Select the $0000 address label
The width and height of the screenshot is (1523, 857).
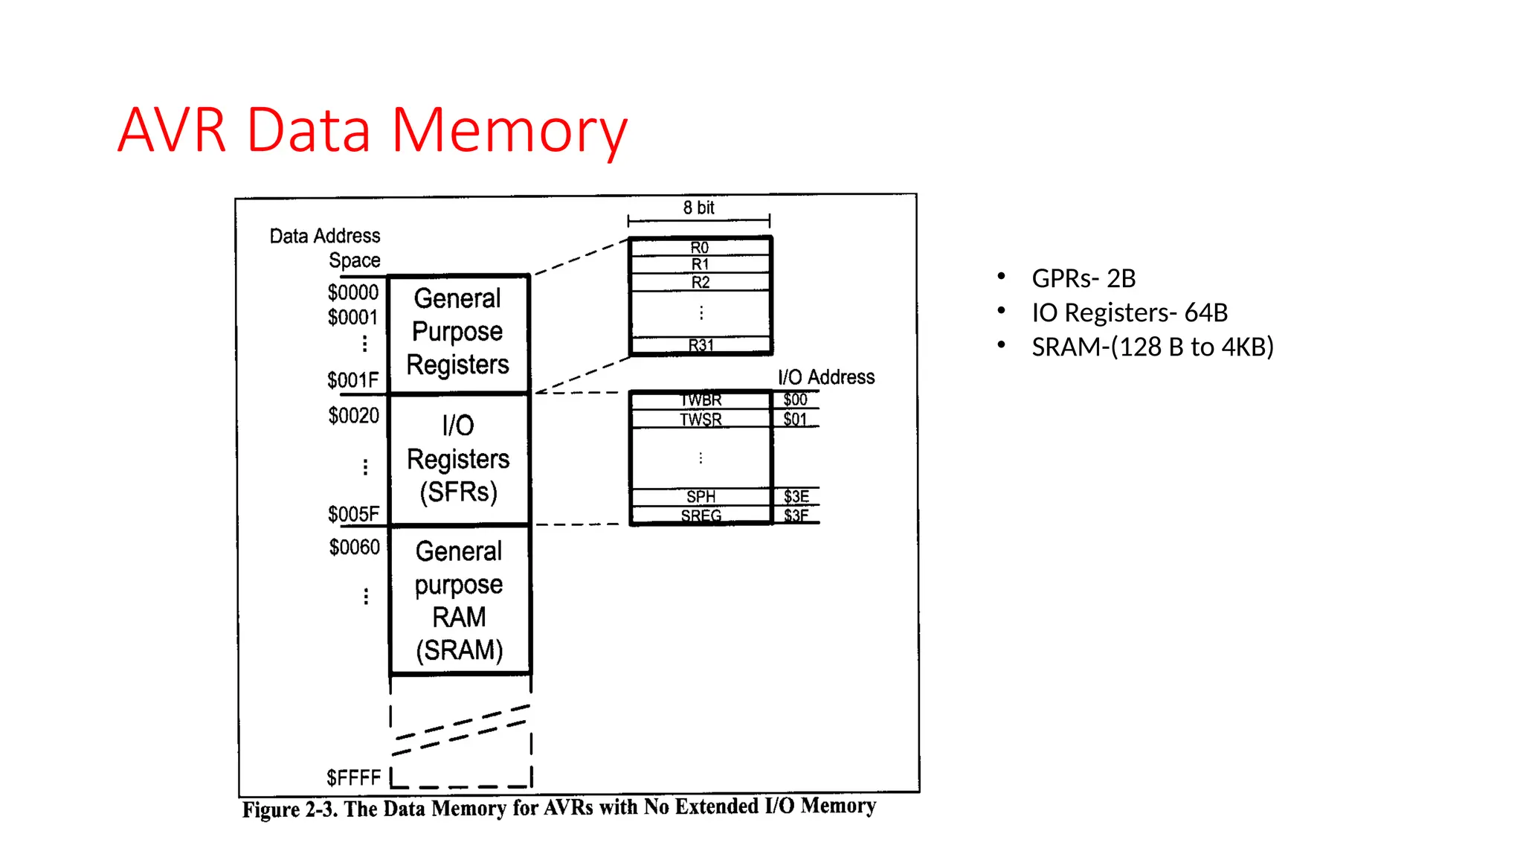pos(353,292)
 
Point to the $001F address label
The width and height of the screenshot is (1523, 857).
pos(353,380)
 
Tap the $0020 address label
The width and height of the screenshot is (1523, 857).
pos(354,415)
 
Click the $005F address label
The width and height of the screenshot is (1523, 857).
pos(354,514)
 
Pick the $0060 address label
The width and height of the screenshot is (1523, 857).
pos(355,548)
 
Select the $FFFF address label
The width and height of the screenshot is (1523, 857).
pos(354,778)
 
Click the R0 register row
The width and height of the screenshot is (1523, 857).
pos(700,247)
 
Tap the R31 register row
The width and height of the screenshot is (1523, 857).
pos(701,345)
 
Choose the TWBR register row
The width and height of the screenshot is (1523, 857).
pos(701,400)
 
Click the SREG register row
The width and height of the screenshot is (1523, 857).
pos(701,516)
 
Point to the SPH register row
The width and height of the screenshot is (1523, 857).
pos(701,496)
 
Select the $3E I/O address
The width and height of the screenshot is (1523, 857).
pos(796,496)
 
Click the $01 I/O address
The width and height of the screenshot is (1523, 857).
pos(795,419)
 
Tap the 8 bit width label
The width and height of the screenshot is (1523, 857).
pos(699,208)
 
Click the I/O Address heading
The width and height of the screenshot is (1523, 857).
pos(826,377)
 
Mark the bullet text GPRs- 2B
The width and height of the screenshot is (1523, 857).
pos(1084,278)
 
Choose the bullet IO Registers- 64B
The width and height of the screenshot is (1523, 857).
pos(1130,312)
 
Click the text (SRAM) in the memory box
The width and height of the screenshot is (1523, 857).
pos(460,650)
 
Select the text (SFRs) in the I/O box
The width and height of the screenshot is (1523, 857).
pos(459,492)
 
